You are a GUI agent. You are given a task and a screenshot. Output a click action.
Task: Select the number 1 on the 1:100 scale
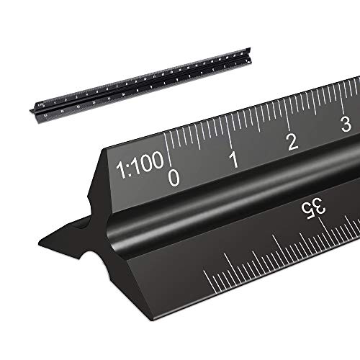pyautogui.click(x=233, y=159)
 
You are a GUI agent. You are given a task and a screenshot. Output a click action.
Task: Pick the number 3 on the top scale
pyautogui.click(x=346, y=124)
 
